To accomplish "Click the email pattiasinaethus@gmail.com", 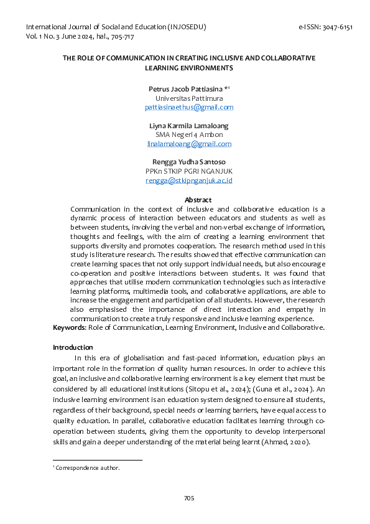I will point(189,107).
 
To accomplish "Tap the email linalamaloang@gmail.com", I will point(189,144).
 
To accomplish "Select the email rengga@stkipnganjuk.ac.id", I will point(189,180).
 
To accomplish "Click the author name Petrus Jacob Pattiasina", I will point(185,89).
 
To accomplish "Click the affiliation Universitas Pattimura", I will point(189,98).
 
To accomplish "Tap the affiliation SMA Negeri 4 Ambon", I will point(189,134).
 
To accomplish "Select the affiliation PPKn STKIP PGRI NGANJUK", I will point(189,171).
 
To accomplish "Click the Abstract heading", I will point(198,200).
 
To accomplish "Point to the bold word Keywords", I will point(68,327).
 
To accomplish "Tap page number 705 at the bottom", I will point(189,498).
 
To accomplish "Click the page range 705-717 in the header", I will point(122,37).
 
